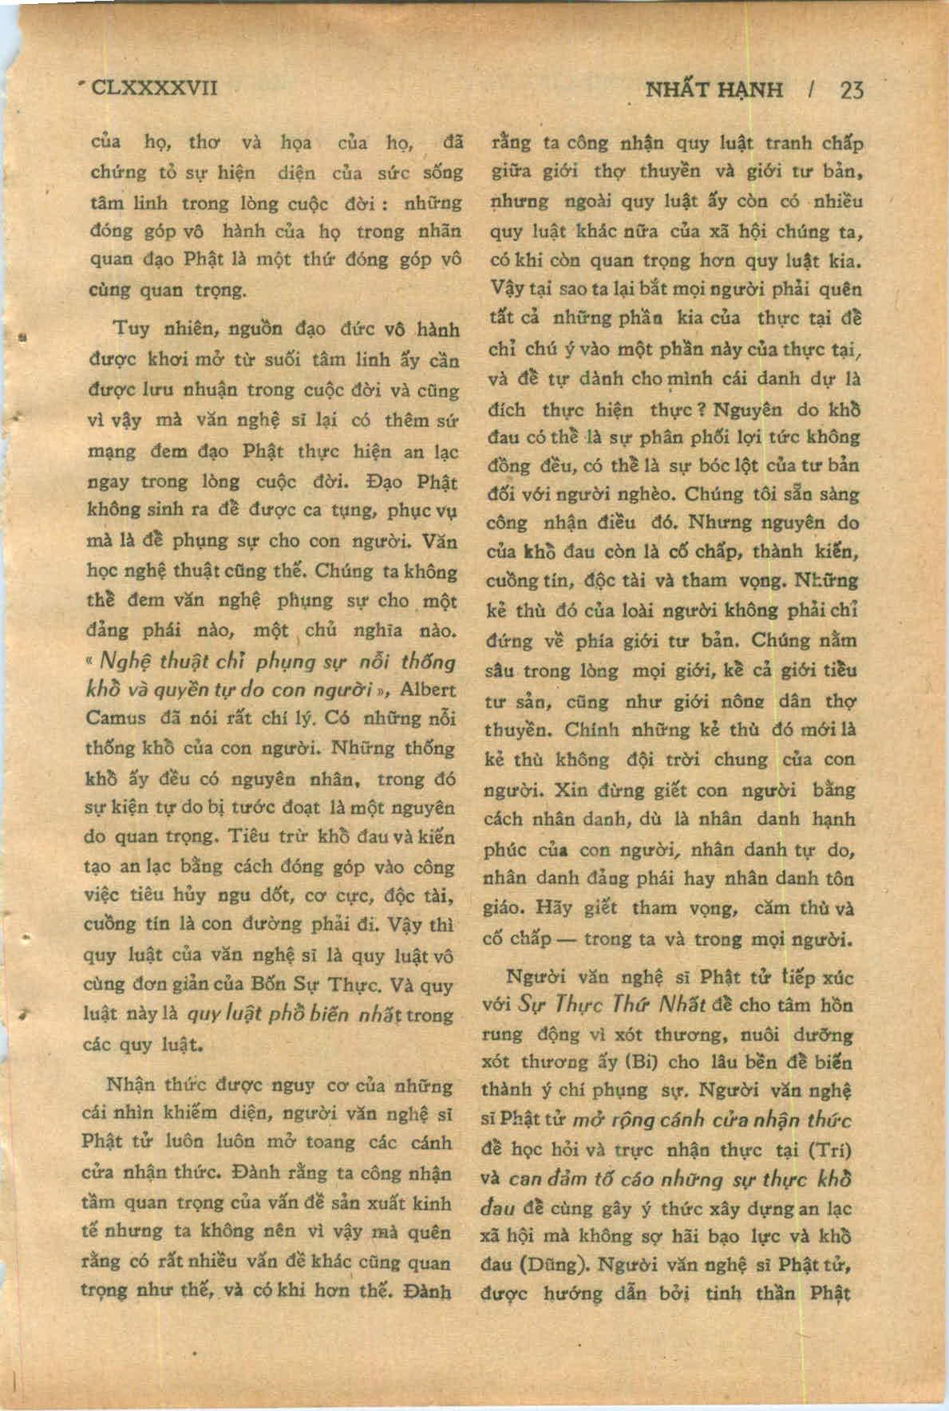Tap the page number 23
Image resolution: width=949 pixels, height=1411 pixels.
pos(851,89)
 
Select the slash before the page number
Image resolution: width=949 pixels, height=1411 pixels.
pos(811,89)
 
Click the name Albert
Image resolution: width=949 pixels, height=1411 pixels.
pos(427,690)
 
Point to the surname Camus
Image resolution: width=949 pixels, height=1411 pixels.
pos(116,718)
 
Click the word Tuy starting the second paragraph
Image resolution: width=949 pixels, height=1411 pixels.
pos(131,329)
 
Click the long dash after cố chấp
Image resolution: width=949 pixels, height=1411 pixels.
pos(567,939)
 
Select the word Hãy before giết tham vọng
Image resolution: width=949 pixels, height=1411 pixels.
pos(554,908)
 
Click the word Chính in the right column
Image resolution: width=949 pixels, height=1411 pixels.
pos(591,730)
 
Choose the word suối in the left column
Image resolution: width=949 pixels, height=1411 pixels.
pos(282,360)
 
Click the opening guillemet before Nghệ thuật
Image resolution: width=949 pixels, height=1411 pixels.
pos(90,662)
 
